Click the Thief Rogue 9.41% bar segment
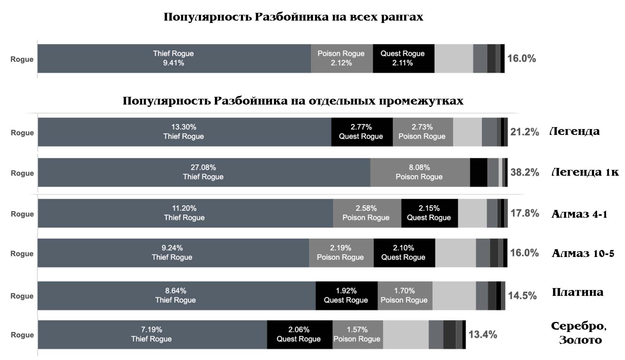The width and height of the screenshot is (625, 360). [x=174, y=58]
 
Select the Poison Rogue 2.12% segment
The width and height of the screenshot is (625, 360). [x=342, y=58]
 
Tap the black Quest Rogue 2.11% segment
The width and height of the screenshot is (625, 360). [x=403, y=58]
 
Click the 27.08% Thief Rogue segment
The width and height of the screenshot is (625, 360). [x=203, y=172]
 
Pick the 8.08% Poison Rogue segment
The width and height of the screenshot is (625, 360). [x=419, y=172]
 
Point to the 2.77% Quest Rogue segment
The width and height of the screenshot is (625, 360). [x=361, y=132]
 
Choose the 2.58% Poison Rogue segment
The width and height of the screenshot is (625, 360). [x=367, y=213]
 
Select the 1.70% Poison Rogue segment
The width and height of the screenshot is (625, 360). [x=405, y=295]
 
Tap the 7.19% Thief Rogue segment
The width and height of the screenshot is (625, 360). [x=152, y=334]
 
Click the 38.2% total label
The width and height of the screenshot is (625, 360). [x=524, y=172]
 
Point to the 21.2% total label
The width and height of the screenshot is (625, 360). [x=524, y=132]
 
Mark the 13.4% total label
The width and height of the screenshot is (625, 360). [x=482, y=335]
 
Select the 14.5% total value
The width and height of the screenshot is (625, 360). [x=522, y=296]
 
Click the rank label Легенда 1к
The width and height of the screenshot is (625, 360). [x=585, y=172]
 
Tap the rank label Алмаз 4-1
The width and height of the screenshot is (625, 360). [x=579, y=214]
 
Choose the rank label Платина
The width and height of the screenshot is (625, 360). [x=578, y=292]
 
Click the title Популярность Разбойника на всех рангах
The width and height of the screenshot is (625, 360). [x=293, y=17]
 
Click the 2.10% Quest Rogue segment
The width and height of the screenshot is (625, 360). [x=404, y=253]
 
